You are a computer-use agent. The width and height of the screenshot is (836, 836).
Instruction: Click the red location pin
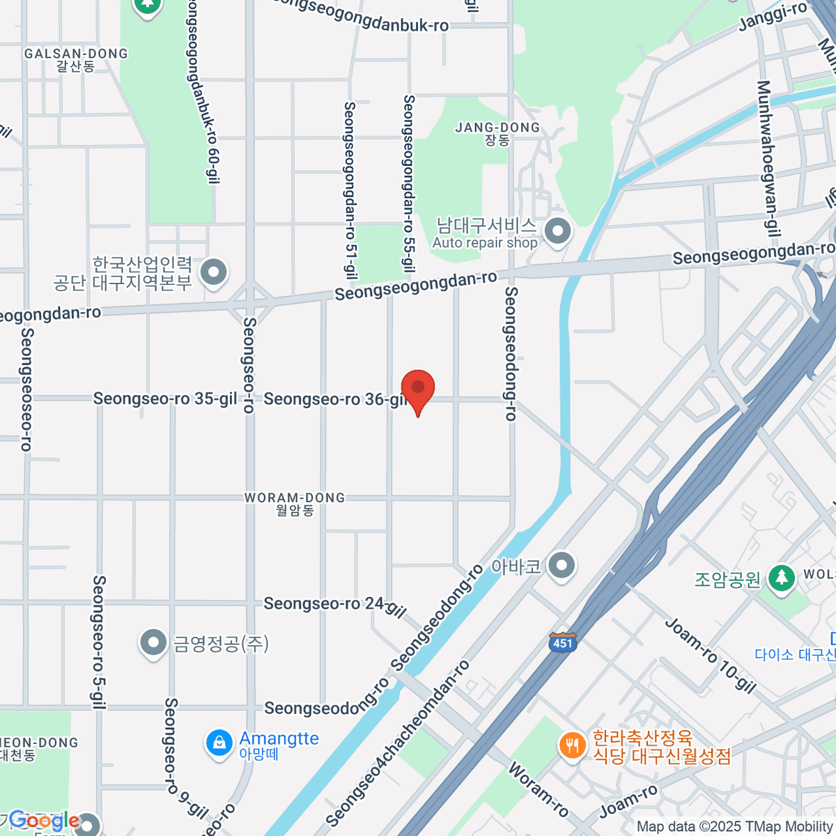418,389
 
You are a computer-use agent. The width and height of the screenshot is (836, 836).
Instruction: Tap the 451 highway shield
562,642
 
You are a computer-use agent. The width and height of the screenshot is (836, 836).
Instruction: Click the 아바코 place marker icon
562,566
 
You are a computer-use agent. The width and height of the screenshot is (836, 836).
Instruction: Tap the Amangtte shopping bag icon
219,743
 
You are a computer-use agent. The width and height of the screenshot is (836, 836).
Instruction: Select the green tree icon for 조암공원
782,578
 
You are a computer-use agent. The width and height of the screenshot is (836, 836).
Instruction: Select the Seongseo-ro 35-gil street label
165,398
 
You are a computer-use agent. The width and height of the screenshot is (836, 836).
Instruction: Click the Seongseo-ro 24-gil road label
333,605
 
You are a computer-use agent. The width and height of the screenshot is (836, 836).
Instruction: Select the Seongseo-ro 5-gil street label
99,642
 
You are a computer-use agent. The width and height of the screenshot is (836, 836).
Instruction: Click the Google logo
44,820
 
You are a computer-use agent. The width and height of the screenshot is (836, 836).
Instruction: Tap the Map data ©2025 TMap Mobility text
735,827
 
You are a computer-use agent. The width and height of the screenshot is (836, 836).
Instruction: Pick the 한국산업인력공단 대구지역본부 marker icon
213,272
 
